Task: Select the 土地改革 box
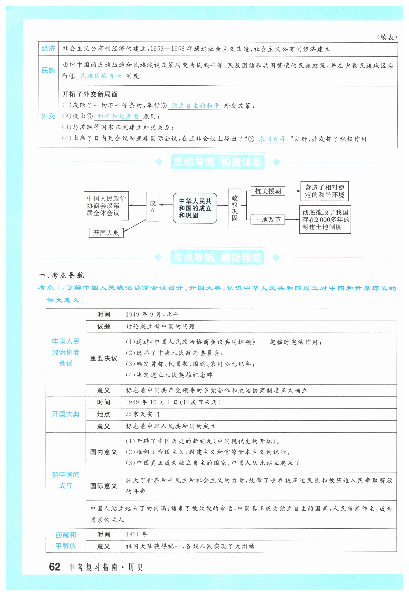pos(268,220)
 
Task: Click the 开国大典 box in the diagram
pos(106,233)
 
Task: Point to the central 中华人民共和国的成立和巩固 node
pos(195,208)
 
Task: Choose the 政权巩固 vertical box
pos(235,208)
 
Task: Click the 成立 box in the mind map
pos(152,207)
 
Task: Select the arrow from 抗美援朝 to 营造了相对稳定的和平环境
pos(292,191)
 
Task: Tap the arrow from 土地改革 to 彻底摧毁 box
pos(292,220)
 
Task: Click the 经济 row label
pos(48,49)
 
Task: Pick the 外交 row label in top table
pos(48,116)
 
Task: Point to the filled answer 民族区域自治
pos(100,76)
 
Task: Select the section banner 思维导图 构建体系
pos(217,162)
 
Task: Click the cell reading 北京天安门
pos(143,414)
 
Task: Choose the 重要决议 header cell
pos(104,358)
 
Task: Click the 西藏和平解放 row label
pos(66,540)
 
